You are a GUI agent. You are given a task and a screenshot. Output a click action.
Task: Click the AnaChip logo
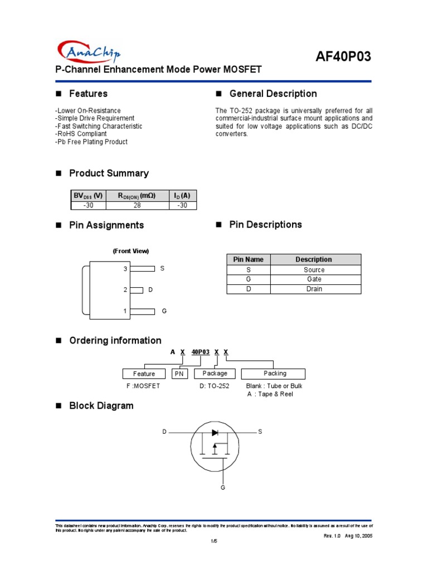point(89,52)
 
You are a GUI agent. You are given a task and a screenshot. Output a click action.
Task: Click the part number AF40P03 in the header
point(343,56)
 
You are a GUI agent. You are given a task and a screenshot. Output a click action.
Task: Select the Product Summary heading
point(109,173)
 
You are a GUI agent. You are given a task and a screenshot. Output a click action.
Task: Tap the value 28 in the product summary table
point(137,205)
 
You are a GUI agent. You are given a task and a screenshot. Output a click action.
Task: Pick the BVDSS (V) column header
point(88,196)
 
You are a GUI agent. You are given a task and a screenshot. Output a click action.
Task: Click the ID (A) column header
point(182,196)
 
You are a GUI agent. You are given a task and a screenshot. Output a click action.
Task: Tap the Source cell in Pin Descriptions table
point(314,270)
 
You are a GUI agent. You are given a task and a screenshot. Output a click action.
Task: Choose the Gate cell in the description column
point(314,279)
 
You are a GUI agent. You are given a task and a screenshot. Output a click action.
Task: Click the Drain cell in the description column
point(314,289)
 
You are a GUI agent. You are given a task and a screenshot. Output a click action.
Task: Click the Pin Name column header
point(248,259)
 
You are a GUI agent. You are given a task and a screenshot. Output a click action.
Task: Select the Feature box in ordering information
point(144,374)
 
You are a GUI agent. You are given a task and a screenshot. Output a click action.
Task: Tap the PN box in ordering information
point(179,374)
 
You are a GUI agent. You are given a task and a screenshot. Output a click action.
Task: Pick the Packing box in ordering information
point(275,374)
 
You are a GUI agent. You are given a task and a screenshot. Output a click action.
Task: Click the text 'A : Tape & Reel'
point(270,394)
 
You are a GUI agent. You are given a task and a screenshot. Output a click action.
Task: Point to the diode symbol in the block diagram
point(215,432)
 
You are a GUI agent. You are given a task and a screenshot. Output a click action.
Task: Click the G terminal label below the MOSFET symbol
point(223,488)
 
